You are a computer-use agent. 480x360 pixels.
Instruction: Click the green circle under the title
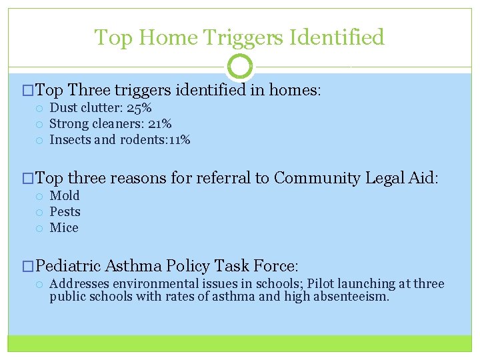(240, 67)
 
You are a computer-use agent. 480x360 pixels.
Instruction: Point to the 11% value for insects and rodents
(179, 140)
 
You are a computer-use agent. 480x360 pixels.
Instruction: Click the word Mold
(65, 195)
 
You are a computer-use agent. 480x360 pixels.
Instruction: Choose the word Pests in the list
(65, 212)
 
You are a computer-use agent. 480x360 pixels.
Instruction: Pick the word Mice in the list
(64, 228)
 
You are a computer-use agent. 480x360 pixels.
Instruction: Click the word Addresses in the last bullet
(78, 284)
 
